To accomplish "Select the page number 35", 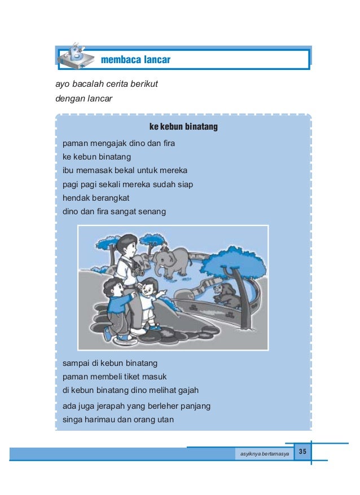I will click(302, 452).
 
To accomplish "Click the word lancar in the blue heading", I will click(157, 59).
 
